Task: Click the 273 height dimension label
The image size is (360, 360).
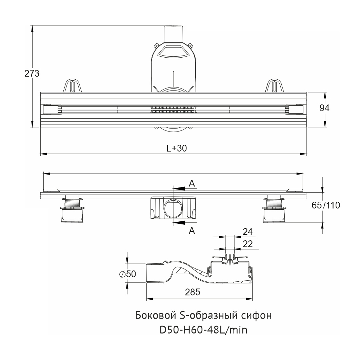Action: point(32,74)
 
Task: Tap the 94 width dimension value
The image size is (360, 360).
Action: point(324,108)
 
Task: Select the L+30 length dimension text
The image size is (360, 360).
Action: point(177,148)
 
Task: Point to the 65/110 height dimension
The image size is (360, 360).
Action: point(325,205)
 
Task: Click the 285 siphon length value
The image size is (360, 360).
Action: point(193,292)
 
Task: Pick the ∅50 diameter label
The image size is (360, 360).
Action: point(128,274)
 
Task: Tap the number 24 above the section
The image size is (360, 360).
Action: point(247,232)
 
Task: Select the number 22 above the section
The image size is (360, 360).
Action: point(247,244)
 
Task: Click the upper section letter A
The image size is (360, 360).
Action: point(192,183)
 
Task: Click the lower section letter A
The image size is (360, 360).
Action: point(192,230)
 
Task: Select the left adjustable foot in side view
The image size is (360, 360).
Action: point(72,208)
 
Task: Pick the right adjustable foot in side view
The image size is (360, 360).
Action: point(274,208)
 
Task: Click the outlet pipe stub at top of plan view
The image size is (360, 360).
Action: point(173,34)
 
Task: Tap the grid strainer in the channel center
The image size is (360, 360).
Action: point(173,109)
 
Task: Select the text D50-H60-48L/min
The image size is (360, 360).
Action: point(203,330)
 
